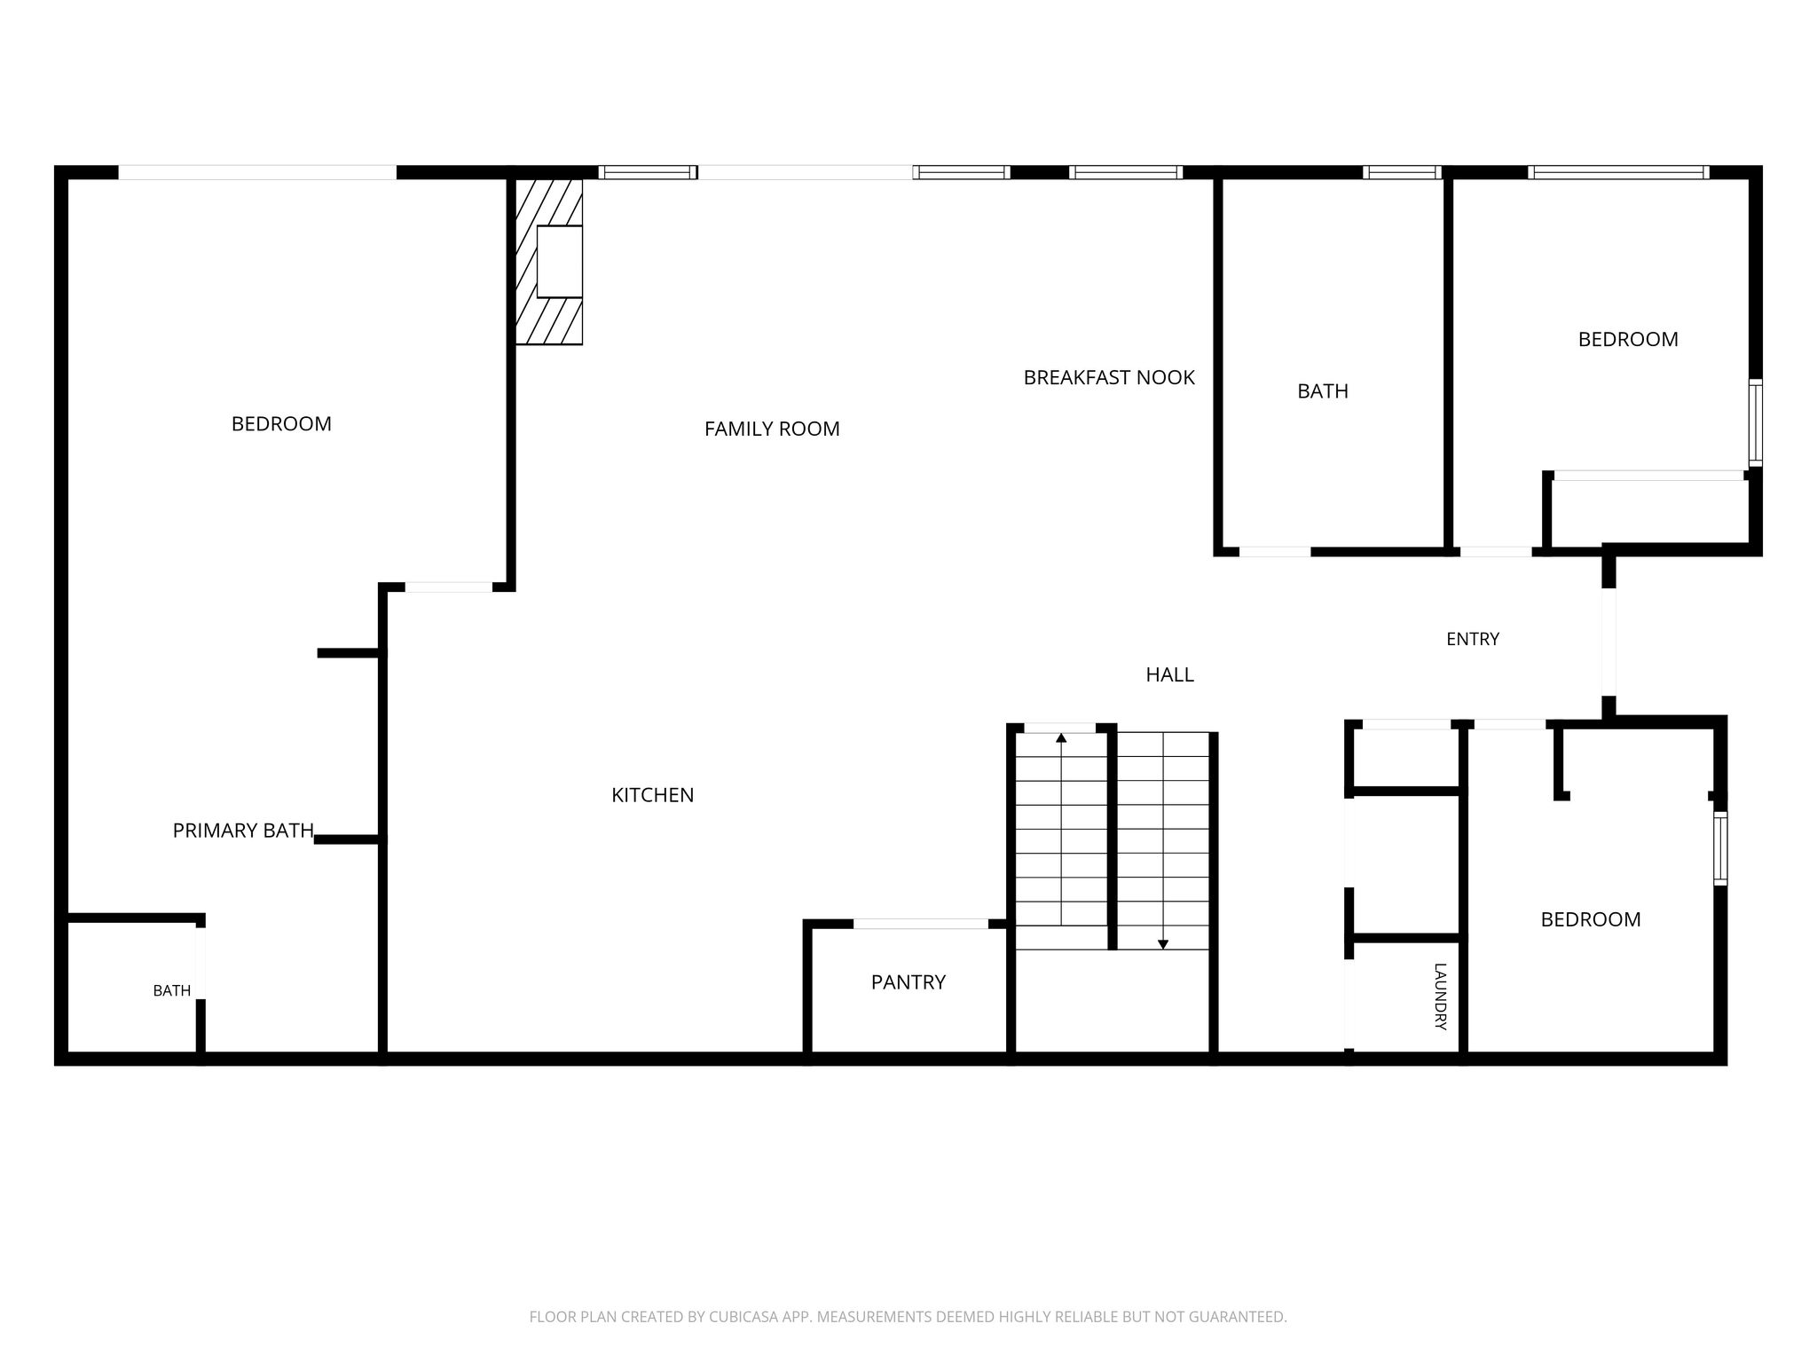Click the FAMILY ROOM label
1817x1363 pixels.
coord(772,429)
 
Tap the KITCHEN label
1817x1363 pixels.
coord(653,795)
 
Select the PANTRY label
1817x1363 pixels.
coord(908,982)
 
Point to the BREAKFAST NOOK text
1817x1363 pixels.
coord(1109,378)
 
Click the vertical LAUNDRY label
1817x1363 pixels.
coord(1440,997)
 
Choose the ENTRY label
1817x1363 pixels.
coord(1473,639)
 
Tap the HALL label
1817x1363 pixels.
coord(1169,675)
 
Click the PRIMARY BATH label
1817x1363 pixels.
coord(243,831)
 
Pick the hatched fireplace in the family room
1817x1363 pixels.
coord(549,261)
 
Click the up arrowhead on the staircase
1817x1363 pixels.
coord(1061,737)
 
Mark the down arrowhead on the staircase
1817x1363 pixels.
coord(1163,944)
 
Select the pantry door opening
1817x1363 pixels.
coord(921,924)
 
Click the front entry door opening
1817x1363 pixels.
coord(1609,642)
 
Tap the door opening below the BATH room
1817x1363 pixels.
coord(1275,552)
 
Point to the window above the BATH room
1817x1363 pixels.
coord(1402,172)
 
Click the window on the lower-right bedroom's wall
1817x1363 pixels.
coord(1720,848)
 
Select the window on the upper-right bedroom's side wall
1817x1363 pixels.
coord(1756,423)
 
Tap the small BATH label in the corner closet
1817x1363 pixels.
coord(172,991)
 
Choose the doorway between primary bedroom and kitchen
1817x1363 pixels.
coord(449,587)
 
